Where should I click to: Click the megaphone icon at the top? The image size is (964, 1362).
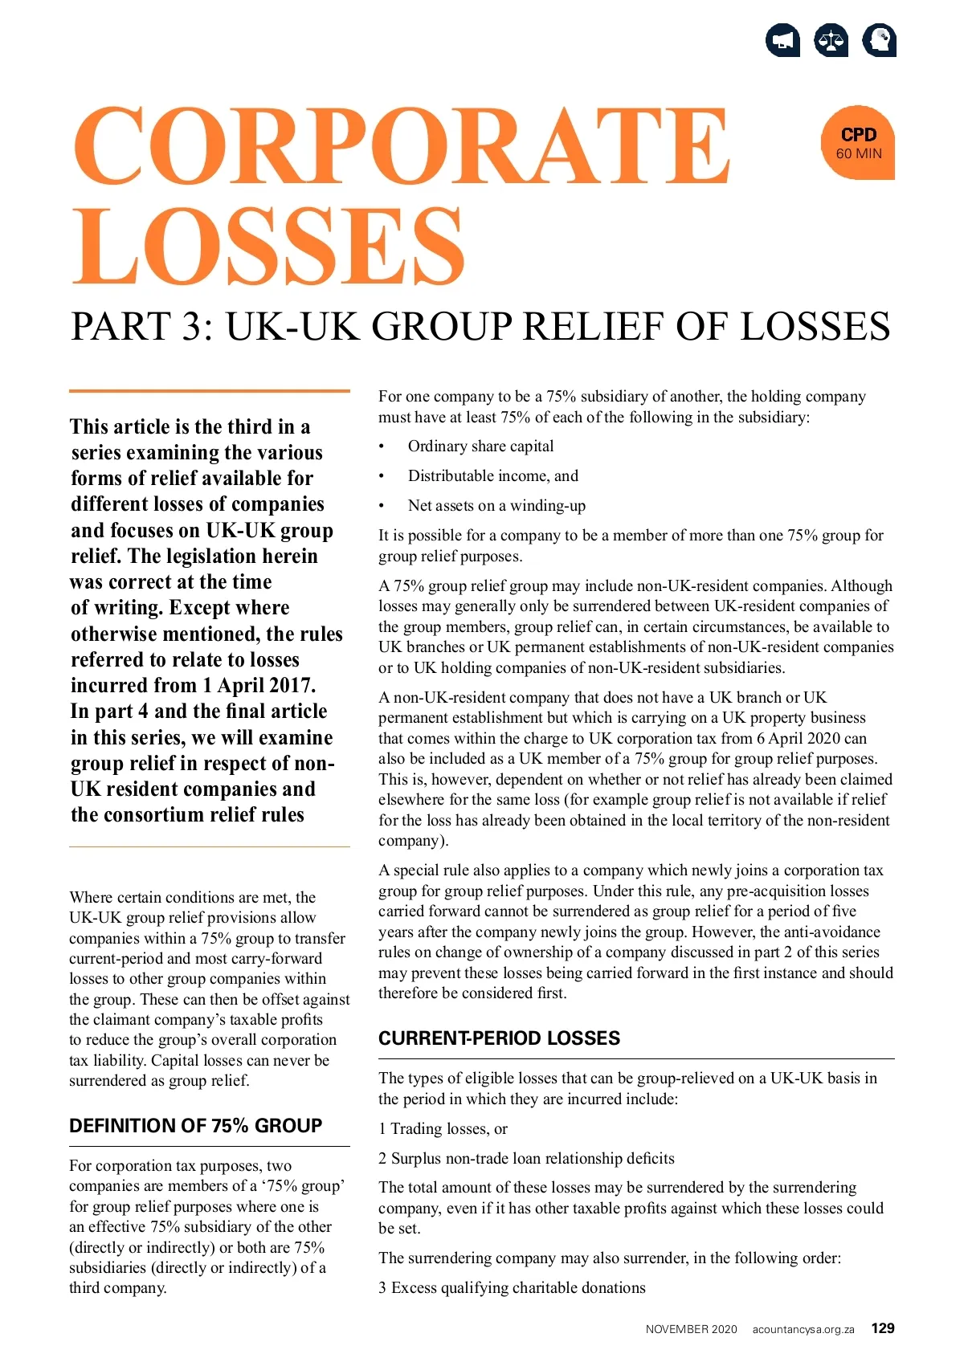(782, 41)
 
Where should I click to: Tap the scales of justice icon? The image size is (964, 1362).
(831, 41)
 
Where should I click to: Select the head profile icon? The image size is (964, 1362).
(879, 41)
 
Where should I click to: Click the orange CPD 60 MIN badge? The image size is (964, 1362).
(858, 143)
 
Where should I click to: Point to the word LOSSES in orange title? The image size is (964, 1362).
(268, 246)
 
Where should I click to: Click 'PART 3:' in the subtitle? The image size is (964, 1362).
(142, 327)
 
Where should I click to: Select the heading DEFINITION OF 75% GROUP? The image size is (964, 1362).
(195, 1126)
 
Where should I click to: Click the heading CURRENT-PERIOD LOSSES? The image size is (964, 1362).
(499, 1038)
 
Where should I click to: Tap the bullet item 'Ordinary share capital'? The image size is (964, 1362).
(480, 447)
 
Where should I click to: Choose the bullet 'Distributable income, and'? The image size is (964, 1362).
(492, 476)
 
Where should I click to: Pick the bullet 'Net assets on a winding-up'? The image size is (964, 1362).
(496, 506)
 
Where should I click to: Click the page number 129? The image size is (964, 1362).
(883, 1328)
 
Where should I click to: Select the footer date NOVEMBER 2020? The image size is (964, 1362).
(691, 1329)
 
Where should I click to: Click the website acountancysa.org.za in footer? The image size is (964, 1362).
(803, 1329)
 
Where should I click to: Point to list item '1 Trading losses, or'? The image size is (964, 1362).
(443, 1129)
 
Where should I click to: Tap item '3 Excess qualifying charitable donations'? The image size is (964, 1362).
(512, 1288)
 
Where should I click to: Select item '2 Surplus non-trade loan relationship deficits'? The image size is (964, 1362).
(526, 1159)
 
